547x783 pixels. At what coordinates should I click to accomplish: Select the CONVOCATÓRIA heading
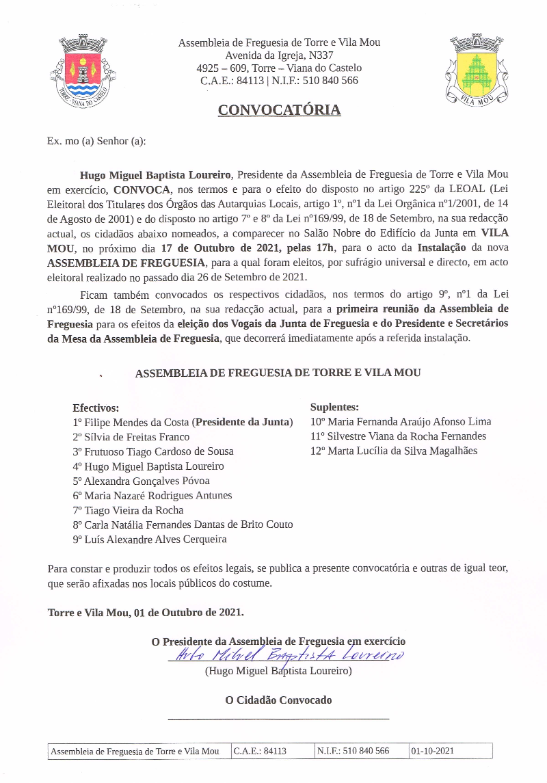279,110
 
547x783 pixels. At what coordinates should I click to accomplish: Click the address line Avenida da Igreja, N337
279,55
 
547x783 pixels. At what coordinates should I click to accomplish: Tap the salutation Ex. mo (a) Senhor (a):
96,141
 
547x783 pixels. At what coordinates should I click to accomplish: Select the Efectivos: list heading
96,408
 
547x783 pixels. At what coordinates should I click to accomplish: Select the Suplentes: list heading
334,407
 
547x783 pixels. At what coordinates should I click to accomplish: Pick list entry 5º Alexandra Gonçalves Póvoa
141,481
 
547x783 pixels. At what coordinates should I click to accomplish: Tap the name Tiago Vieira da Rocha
133,510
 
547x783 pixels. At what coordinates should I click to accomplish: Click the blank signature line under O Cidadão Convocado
278,718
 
